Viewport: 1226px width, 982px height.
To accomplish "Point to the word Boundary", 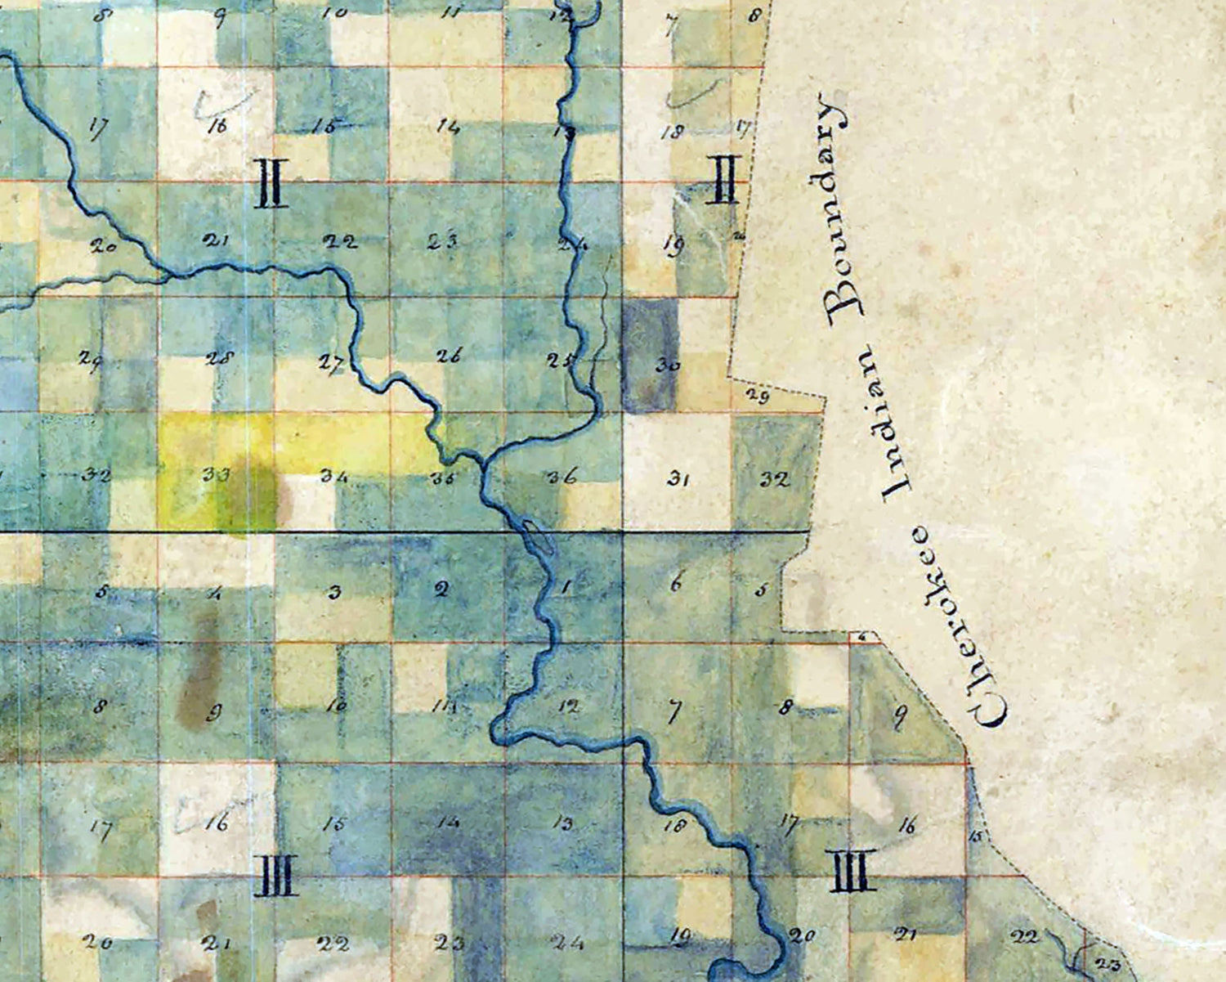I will coord(839,209).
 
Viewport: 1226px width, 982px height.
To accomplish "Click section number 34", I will coord(333,475).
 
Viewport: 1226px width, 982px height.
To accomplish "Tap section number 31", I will coord(676,479).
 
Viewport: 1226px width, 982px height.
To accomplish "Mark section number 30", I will coord(667,365).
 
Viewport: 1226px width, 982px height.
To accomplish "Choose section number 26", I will coord(449,356).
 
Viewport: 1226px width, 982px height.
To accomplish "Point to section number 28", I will coord(221,357).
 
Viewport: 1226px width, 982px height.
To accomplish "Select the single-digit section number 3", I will coord(333,592).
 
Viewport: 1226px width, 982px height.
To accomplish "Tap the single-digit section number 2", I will coord(441,590).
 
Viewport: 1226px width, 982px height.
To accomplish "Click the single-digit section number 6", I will coord(675,584).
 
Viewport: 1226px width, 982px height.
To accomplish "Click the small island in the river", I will coord(535,536).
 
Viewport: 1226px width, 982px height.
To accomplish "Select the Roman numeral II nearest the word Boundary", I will coord(726,180).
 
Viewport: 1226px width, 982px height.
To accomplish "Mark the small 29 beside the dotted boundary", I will coord(758,397).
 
